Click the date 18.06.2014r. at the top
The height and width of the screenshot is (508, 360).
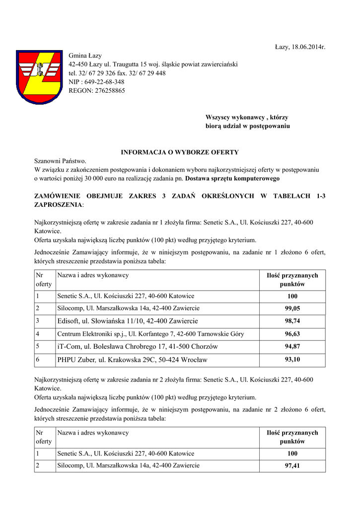pyautogui.click(x=300, y=47)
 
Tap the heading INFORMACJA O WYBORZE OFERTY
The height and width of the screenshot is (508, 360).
pyautogui.click(x=180, y=152)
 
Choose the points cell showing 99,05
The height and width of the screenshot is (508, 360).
pyautogui.click(x=292, y=309)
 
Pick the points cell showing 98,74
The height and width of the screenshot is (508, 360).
pyautogui.click(x=292, y=321)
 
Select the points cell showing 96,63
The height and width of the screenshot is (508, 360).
pyautogui.click(x=292, y=334)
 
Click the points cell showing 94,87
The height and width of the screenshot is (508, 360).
pyautogui.click(x=292, y=346)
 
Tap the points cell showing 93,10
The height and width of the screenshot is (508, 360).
pyautogui.click(x=292, y=360)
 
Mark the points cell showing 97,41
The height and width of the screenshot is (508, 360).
pyautogui.click(x=292, y=466)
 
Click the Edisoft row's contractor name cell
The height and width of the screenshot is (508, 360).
pyautogui.click(x=128, y=321)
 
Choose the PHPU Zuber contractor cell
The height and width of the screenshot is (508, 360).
pyautogui.click(x=132, y=360)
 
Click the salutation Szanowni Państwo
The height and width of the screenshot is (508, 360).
pyautogui.click(x=60, y=161)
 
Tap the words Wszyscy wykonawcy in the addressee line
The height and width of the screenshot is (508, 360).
pyautogui.click(x=234, y=117)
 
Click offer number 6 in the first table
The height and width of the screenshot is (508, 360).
pyautogui.click(x=38, y=360)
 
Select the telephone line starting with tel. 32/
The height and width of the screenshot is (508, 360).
pyautogui.click(x=117, y=73)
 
